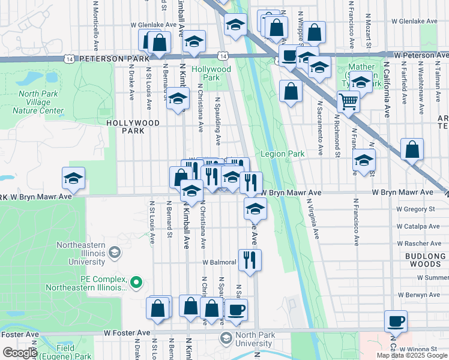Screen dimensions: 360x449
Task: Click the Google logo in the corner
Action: (19, 353)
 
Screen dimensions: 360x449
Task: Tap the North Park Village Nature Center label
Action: (41, 102)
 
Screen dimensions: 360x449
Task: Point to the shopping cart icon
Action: (348, 101)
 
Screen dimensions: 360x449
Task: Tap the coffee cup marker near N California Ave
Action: (396, 321)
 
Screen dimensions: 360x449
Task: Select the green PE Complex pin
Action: (137, 280)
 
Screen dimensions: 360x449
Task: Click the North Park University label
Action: (245, 339)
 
